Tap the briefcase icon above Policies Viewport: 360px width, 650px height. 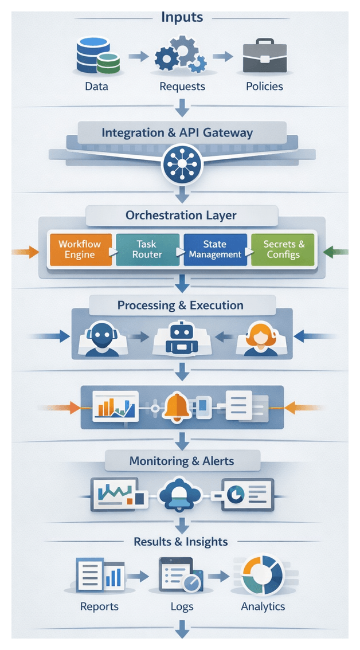(264, 56)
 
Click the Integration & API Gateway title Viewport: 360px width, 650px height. (177, 133)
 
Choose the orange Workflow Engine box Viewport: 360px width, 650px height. (80, 249)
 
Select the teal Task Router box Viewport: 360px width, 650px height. (147, 249)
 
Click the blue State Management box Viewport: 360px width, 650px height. (216, 249)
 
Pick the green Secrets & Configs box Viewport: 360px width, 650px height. (284, 249)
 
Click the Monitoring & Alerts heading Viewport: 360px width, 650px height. (182, 461)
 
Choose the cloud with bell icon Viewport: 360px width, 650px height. (181, 495)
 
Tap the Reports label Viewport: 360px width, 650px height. (99, 606)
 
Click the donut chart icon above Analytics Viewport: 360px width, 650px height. (263, 575)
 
